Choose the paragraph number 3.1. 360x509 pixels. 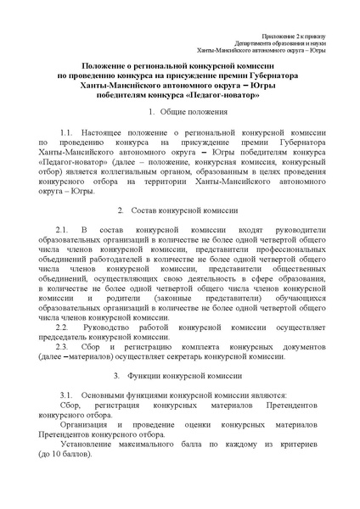coord(68,395)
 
